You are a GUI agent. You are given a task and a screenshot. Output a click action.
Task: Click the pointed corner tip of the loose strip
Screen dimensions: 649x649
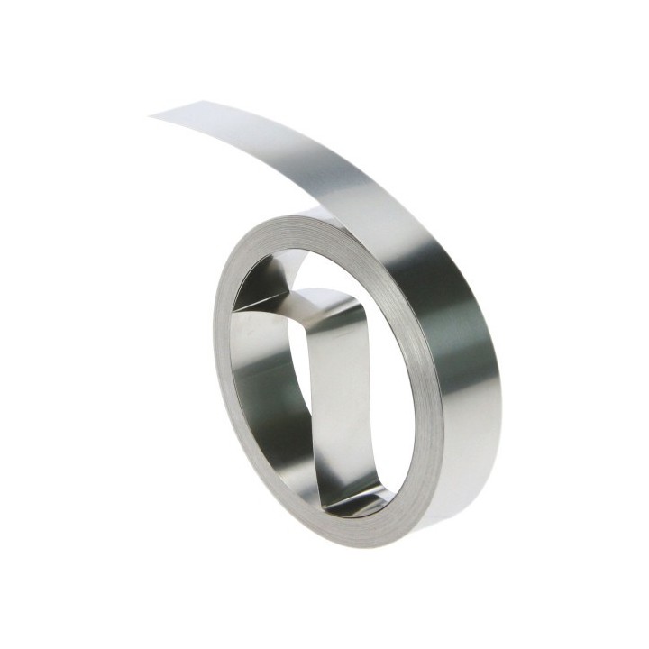coord(151,114)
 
